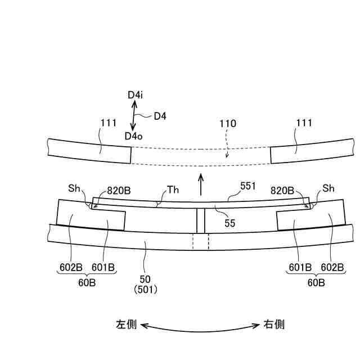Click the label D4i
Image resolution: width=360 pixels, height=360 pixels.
pos(135,96)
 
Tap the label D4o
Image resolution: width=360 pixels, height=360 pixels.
pos(134,136)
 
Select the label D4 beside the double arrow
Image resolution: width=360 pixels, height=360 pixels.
pos(160,116)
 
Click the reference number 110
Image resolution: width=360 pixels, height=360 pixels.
pos(228,124)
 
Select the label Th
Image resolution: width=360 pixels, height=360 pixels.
pos(173,190)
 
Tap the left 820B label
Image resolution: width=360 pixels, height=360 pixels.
pos(119,190)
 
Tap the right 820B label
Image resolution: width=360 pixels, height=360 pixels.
pos(283,190)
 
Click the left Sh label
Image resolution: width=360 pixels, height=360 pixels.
pos(74,188)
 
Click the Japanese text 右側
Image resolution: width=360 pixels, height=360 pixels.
pos(274,325)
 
